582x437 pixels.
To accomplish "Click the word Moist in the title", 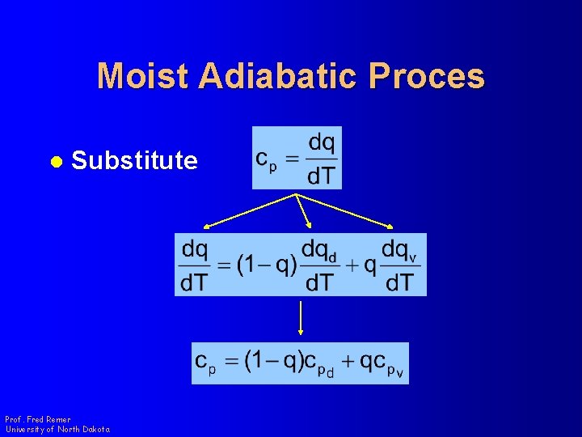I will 143,76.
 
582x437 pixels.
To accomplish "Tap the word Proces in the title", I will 427,76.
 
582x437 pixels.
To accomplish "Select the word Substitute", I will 134,160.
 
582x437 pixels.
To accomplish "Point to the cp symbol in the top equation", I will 267,159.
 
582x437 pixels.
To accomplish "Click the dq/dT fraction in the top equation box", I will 321,158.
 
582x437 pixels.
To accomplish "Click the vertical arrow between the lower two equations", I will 301,317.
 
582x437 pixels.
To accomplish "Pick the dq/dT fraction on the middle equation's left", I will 194,265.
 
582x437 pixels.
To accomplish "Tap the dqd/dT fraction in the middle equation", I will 319,265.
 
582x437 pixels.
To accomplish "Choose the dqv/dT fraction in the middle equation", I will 399,265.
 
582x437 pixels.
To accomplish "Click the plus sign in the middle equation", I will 352,265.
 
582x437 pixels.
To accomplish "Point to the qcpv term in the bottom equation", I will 383,363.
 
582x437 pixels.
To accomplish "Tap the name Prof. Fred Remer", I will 37,419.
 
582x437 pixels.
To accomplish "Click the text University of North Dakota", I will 57,429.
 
